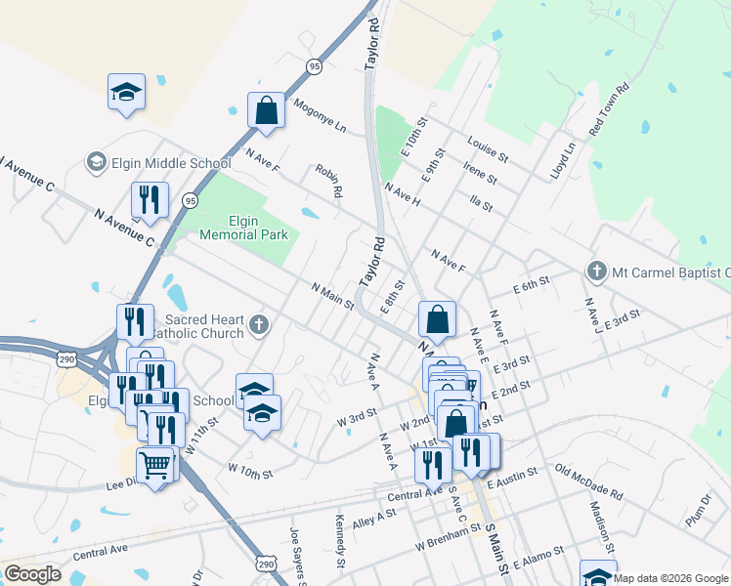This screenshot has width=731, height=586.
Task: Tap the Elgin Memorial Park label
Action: (x=244, y=228)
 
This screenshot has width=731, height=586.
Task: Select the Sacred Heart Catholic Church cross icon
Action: (x=259, y=324)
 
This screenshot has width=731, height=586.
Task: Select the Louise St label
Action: (x=488, y=149)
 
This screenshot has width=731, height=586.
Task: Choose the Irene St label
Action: (x=480, y=173)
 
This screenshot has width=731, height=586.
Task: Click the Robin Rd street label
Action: (x=328, y=182)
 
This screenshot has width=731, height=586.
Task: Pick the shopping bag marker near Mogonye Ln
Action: (x=266, y=110)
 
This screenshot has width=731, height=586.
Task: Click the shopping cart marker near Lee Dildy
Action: (x=154, y=464)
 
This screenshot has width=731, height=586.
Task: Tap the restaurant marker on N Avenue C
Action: (x=150, y=200)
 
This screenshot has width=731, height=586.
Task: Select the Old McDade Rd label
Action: (x=589, y=480)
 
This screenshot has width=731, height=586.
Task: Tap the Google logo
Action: (x=32, y=574)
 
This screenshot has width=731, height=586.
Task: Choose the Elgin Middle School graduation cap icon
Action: (x=96, y=161)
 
